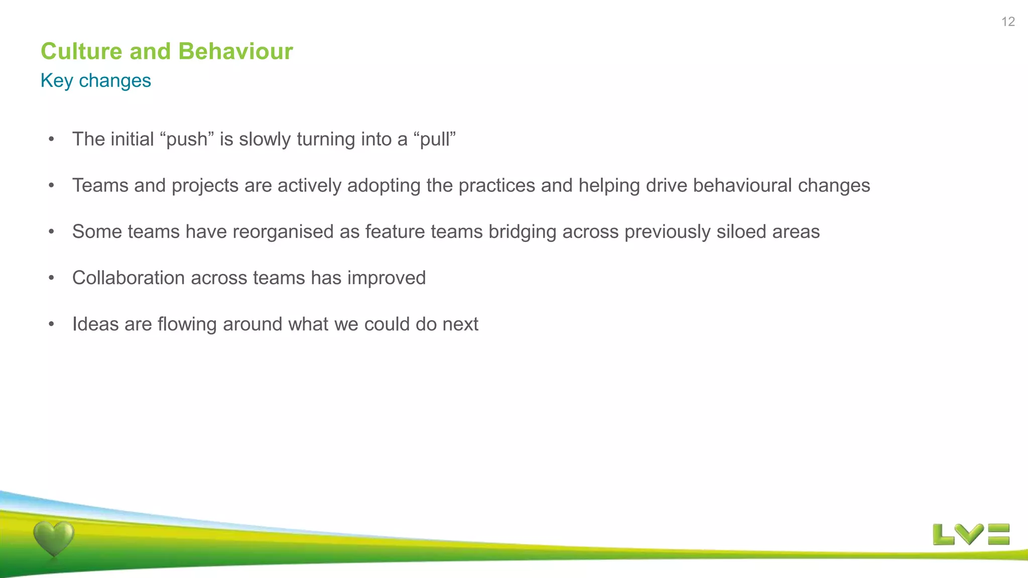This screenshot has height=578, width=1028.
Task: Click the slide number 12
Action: coord(1008,22)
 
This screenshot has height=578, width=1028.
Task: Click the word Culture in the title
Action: coord(81,51)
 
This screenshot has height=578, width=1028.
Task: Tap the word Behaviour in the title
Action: coord(235,51)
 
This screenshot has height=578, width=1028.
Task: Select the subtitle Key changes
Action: coord(95,80)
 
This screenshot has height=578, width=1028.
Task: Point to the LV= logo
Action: coord(971,534)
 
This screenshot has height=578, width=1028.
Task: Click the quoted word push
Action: coord(187,139)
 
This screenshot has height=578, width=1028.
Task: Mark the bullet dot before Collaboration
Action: coord(51,278)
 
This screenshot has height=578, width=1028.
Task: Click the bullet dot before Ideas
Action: coord(51,324)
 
